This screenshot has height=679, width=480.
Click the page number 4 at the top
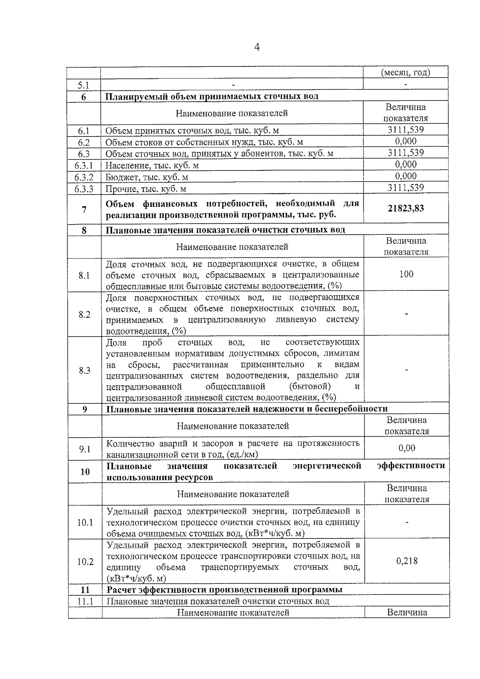tap(257, 48)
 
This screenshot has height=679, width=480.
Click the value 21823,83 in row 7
tap(406, 208)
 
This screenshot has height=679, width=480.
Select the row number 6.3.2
tap(84, 177)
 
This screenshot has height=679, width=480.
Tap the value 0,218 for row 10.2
tap(407, 561)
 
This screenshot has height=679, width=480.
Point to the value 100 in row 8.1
tap(406, 274)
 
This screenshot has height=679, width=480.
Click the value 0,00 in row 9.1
tap(407, 448)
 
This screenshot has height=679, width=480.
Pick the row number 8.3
tap(84, 370)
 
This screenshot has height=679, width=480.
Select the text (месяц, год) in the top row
tap(405, 72)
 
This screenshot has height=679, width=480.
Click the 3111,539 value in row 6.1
tap(406, 130)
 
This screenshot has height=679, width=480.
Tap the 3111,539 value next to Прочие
tap(406, 188)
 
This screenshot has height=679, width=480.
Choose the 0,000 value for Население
tap(406, 164)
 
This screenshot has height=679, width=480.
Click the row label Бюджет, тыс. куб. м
tap(147, 177)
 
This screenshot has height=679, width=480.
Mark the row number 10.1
tap(85, 522)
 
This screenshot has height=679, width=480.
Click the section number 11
tap(85, 590)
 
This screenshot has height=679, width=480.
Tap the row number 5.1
tap(84, 85)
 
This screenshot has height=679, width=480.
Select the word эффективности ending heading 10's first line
tap(411, 466)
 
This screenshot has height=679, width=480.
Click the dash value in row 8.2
tap(406, 314)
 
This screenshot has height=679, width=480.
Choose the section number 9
tap(84, 409)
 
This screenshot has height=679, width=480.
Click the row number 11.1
tap(85, 601)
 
